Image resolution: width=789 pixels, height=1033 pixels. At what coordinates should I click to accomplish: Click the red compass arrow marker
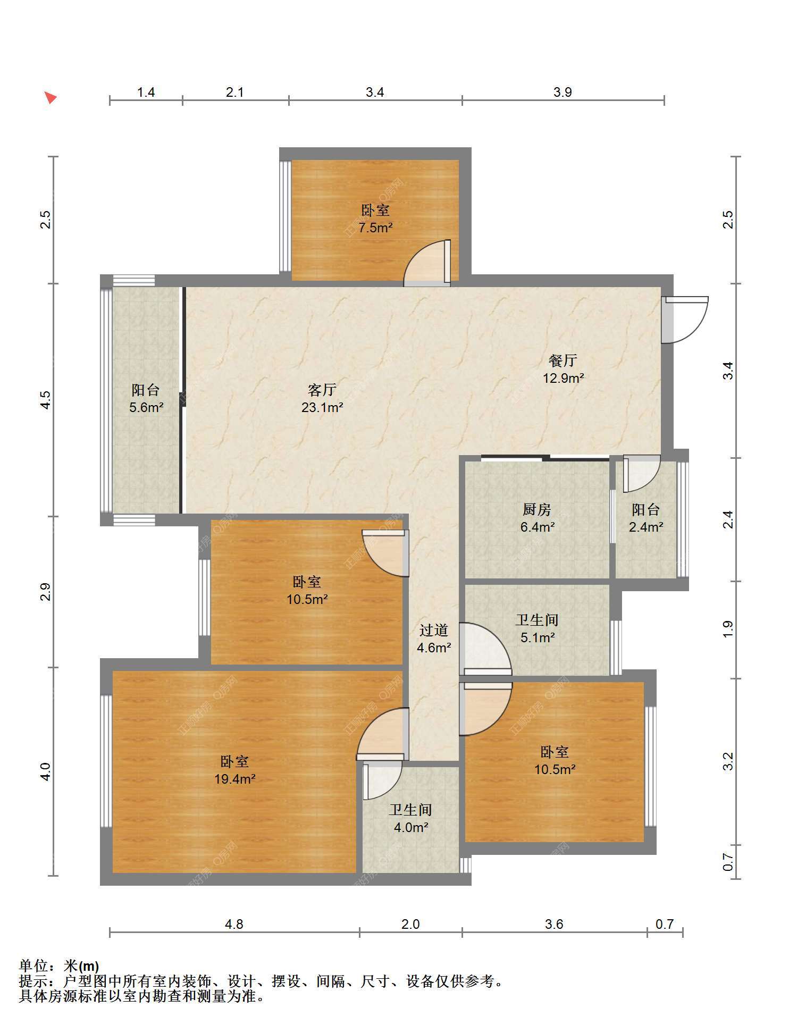(51, 97)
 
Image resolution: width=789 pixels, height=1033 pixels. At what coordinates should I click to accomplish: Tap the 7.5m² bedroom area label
(375, 219)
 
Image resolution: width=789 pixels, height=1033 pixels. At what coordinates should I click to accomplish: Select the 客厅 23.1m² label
(322, 399)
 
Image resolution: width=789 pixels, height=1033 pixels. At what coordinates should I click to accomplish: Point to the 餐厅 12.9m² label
(563, 369)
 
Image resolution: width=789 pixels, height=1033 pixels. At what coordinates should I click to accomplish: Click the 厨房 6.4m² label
(537, 518)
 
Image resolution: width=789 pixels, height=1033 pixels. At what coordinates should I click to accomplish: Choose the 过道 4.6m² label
(434, 639)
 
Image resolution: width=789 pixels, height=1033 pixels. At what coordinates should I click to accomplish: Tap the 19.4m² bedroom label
(234, 770)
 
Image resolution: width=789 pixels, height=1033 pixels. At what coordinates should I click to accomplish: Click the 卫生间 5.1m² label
(537, 628)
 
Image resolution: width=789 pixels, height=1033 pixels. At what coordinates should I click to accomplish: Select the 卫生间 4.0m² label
(410, 818)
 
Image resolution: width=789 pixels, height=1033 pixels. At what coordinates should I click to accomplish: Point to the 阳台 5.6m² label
(146, 399)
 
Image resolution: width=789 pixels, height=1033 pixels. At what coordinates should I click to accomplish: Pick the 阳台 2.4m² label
(646, 518)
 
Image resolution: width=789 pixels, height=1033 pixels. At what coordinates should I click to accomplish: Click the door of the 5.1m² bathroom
(485, 649)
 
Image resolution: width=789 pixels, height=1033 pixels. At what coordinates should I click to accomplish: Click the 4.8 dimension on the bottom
(234, 924)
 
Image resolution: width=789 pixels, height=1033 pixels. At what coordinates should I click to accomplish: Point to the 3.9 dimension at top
(563, 92)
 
